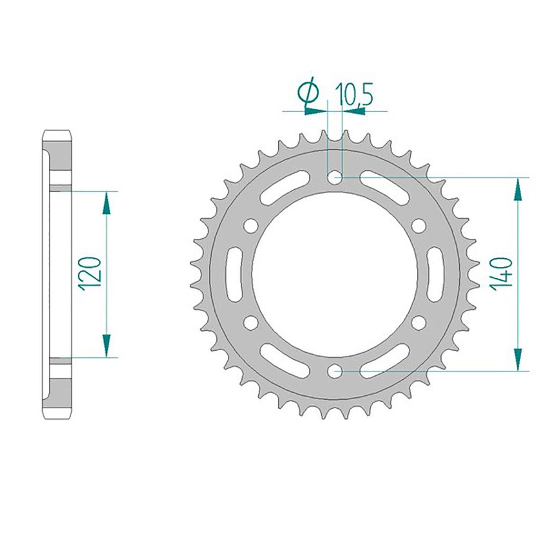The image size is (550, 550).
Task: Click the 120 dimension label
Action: (x=90, y=274)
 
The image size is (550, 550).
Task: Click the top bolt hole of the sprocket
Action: (x=335, y=177)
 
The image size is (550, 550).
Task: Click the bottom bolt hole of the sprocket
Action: (x=335, y=371)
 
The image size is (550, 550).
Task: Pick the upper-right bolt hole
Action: (x=418, y=226)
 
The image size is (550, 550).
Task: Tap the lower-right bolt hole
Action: (x=418, y=322)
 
